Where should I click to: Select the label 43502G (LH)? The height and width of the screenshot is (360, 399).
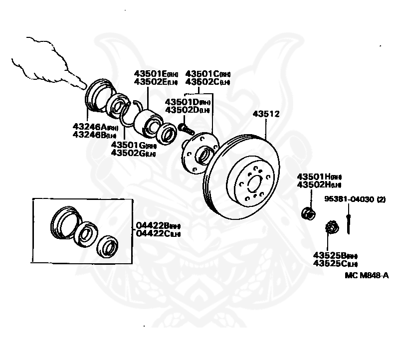pos(133,153)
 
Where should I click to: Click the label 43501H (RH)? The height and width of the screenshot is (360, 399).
pos(319,177)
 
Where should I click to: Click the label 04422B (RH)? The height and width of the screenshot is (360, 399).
pos(158,226)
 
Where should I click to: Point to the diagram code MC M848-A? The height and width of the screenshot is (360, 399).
pos(366,275)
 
